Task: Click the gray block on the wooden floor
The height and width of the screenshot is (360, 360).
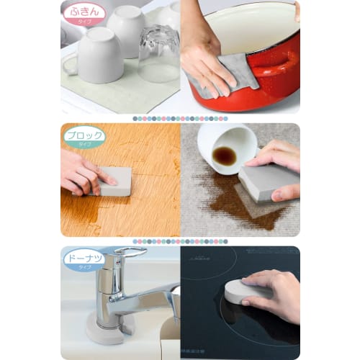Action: pos(115,181)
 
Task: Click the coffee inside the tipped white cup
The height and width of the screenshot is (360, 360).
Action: pos(224,155)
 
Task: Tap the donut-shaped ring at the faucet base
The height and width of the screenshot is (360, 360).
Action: pos(108,328)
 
